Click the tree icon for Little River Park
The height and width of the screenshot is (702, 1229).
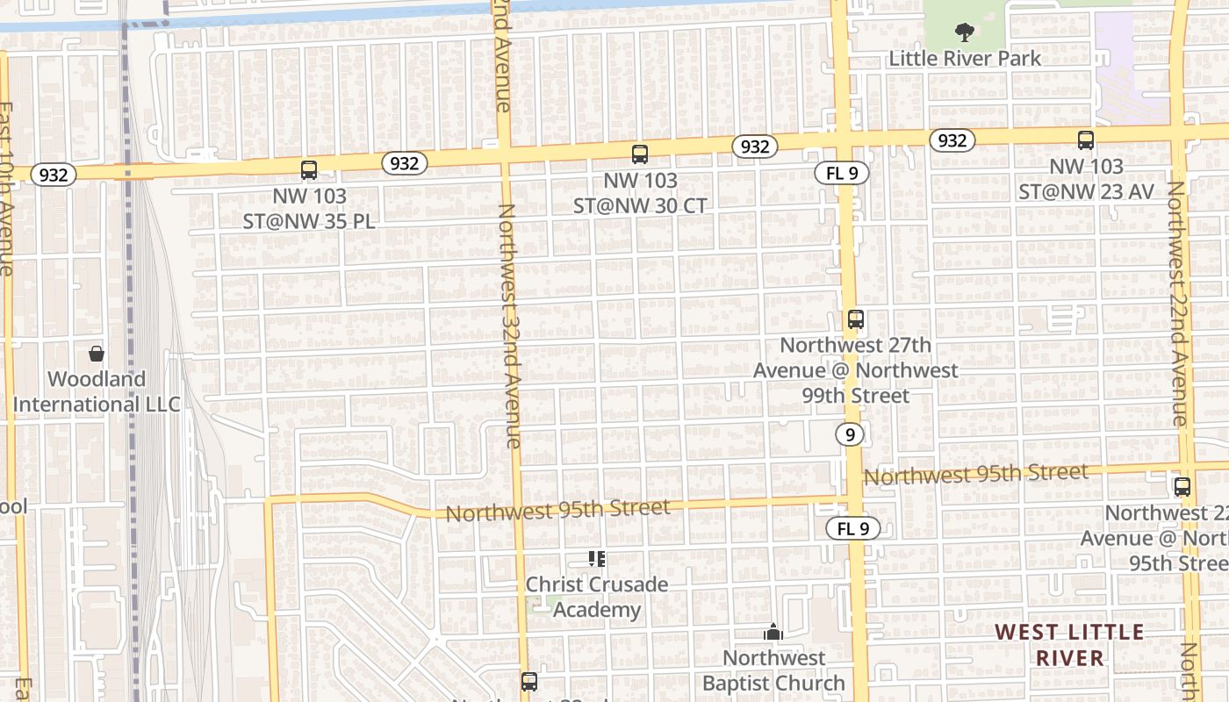(x=965, y=33)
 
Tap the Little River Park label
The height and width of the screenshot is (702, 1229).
(x=965, y=59)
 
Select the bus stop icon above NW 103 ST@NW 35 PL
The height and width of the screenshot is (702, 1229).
(x=309, y=170)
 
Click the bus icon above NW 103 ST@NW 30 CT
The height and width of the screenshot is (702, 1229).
(x=640, y=154)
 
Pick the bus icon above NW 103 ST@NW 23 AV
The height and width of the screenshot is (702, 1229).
(x=1086, y=140)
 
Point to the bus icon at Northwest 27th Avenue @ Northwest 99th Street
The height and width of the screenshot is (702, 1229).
(x=856, y=319)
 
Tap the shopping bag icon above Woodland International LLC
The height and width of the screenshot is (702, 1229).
(x=97, y=354)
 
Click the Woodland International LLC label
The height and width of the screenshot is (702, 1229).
(x=97, y=392)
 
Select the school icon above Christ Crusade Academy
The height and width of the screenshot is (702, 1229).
(x=597, y=559)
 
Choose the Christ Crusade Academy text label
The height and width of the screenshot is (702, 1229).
(x=597, y=597)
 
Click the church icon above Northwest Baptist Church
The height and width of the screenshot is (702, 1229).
(x=773, y=632)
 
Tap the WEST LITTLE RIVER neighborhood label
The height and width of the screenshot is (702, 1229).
(x=1069, y=645)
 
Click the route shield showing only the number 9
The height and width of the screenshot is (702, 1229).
(x=849, y=434)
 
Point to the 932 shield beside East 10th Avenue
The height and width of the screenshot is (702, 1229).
(x=54, y=175)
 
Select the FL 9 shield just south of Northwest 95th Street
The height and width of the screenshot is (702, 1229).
(x=853, y=528)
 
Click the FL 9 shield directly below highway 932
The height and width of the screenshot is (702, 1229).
(x=842, y=173)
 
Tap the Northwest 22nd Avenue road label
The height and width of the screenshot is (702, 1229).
(x=1176, y=303)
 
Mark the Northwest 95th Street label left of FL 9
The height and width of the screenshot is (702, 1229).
(x=557, y=510)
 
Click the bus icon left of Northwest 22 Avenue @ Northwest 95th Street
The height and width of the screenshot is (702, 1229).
(x=1182, y=487)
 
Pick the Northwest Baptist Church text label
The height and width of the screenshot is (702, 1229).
(x=773, y=670)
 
